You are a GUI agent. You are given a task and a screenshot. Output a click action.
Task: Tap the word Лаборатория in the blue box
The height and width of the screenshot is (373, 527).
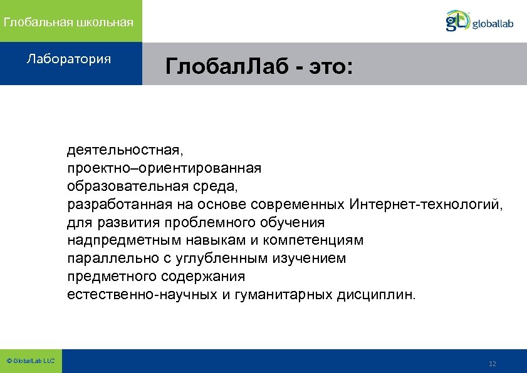(69, 59)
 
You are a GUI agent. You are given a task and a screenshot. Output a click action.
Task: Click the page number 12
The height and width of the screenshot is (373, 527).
(492, 364)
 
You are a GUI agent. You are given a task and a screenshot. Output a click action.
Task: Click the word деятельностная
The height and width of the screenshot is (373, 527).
(125, 150)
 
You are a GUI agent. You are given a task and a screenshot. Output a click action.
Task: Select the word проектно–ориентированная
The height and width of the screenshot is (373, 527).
(164, 168)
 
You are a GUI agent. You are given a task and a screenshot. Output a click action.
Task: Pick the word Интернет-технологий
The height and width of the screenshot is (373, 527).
(425, 205)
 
